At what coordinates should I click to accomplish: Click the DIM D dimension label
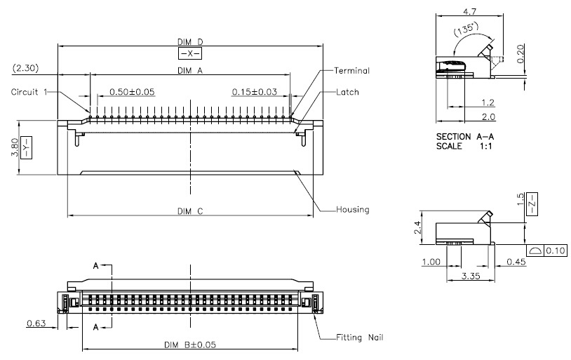pyautogui.click(x=190, y=42)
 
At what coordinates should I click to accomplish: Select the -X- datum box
pyautogui.click(x=189, y=53)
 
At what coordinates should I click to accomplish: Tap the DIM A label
pyautogui.click(x=189, y=70)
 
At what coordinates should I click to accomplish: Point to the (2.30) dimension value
pyautogui.click(x=25, y=68)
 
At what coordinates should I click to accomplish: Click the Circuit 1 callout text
pyautogui.click(x=29, y=92)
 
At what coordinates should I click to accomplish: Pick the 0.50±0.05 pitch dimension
pyautogui.click(x=132, y=91)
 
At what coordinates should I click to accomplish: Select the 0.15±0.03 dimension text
pyautogui.click(x=255, y=91)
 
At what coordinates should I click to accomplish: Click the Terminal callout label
pyautogui.click(x=351, y=71)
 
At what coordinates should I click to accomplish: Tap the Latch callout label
pyautogui.click(x=347, y=92)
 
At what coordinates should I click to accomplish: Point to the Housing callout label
pyautogui.click(x=353, y=210)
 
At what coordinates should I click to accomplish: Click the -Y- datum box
pyautogui.click(x=26, y=147)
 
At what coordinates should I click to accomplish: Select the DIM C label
pyautogui.click(x=190, y=211)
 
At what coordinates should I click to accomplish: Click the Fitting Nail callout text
pyautogui.click(x=359, y=338)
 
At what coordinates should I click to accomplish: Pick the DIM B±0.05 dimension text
pyautogui.click(x=190, y=345)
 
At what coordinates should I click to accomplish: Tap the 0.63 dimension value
pyautogui.click(x=36, y=324)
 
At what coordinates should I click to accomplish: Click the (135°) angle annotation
pyautogui.click(x=466, y=29)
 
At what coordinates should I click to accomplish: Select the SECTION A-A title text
pyautogui.click(x=465, y=137)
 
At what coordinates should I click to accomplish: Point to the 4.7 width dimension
pyautogui.click(x=469, y=11)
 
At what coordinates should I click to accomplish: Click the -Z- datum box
pyautogui.click(x=532, y=204)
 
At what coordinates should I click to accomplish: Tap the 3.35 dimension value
pyautogui.click(x=471, y=276)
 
